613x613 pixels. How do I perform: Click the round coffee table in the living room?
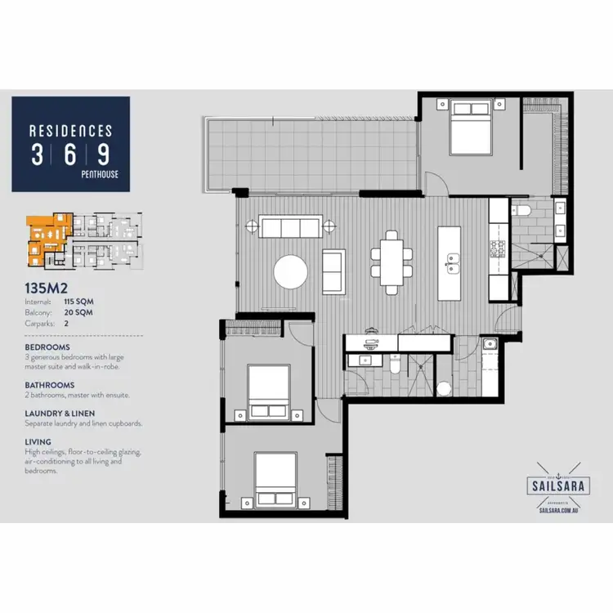[291, 272]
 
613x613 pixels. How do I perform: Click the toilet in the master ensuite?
[524, 213]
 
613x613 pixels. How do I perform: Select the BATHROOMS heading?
[50, 385]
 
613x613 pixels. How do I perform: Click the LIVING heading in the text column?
[38, 442]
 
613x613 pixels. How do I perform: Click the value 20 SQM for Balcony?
[78, 312]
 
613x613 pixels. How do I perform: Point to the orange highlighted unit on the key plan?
[45, 237]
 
